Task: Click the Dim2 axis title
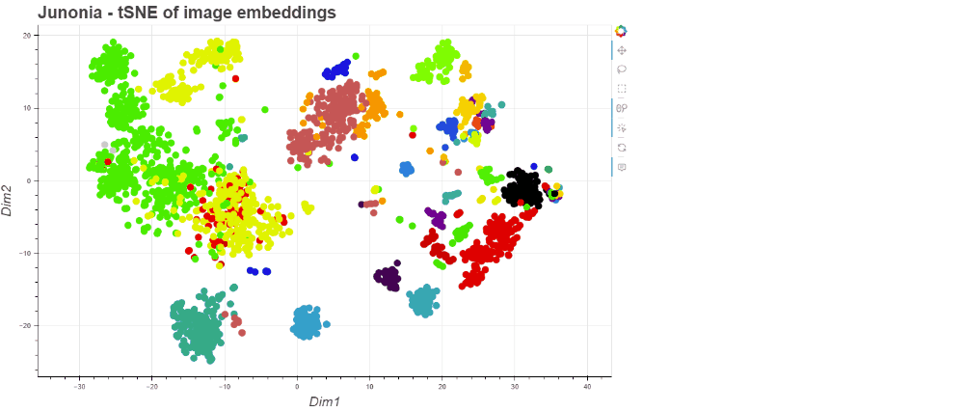(x=9, y=198)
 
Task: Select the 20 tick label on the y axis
(x=27, y=35)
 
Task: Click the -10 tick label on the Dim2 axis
(x=26, y=253)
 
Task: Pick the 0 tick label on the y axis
(x=30, y=180)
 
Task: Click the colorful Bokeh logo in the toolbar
(x=621, y=31)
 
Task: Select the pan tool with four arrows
(x=621, y=50)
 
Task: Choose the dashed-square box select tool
(x=621, y=89)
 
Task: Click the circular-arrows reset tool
(x=621, y=148)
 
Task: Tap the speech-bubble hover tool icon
(x=621, y=167)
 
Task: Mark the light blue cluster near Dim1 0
(x=306, y=323)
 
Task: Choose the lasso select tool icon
(x=621, y=69)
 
